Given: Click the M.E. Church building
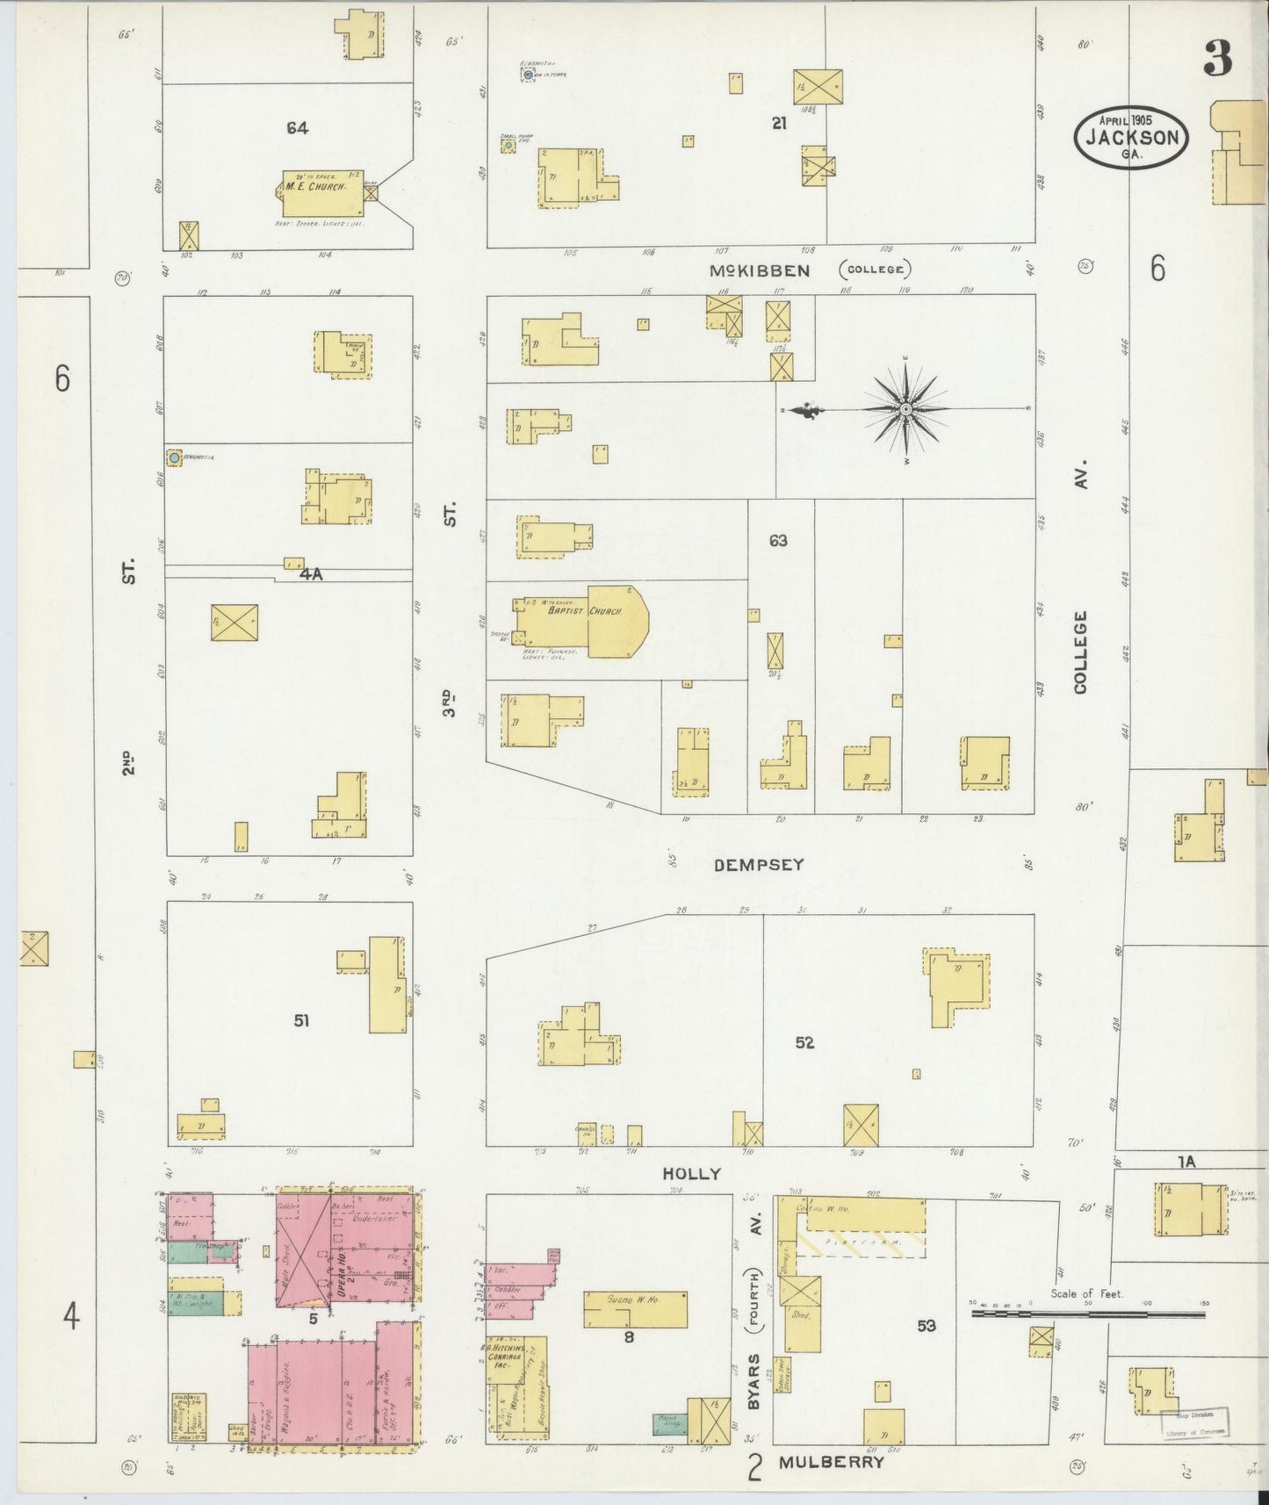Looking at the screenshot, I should (321, 193).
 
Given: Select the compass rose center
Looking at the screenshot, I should (905, 409).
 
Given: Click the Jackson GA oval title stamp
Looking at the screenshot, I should (1131, 136).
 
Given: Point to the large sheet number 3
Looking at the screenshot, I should (1218, 59).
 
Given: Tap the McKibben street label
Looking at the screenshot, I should (760, 271).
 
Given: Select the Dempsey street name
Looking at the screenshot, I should (760, 865).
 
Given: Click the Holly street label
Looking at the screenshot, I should (692, 1173).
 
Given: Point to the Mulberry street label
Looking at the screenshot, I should (831, 1463).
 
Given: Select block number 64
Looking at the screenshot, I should (297, 128).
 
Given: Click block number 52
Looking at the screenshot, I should (804, 1042).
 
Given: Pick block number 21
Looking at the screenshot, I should (778, 124).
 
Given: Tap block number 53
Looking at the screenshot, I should (927, 1326).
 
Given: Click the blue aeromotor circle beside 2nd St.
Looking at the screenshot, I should (175, 457).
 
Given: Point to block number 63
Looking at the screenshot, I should (778, 541).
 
